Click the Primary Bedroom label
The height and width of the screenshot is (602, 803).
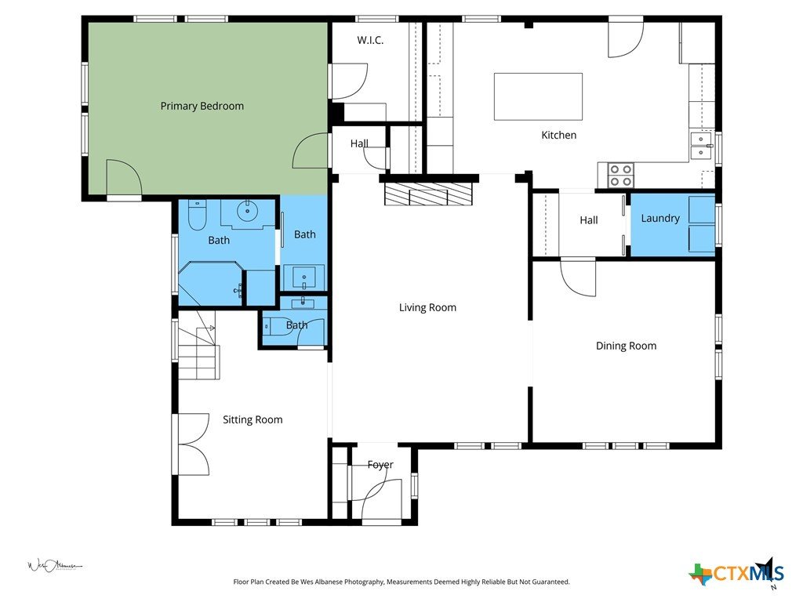point(202,106)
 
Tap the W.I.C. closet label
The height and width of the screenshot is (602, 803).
point(370,40)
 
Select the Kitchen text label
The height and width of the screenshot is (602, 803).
point(558,135)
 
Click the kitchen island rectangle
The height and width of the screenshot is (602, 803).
point(538,96)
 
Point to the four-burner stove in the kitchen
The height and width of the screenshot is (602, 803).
point(621,175)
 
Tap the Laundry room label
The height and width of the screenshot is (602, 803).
point(660,219)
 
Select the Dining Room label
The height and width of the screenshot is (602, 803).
point(626,346)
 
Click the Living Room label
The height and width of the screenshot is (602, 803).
point(427,307)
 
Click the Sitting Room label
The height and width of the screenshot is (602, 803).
point(253,420)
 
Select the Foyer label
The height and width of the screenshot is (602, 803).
point(380,465)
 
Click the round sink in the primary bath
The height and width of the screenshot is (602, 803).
point(248,210)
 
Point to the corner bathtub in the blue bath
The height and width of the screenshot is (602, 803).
point(210,284)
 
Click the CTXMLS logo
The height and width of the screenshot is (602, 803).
point(736,573)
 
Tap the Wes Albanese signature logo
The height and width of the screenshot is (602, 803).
point(54,566)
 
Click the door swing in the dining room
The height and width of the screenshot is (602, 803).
point(578,278)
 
